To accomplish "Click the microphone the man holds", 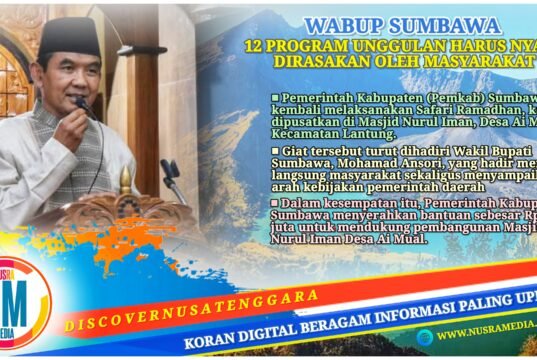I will click(84, 104).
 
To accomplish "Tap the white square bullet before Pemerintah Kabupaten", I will click(275, 98).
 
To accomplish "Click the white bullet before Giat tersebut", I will click(275, 155).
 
